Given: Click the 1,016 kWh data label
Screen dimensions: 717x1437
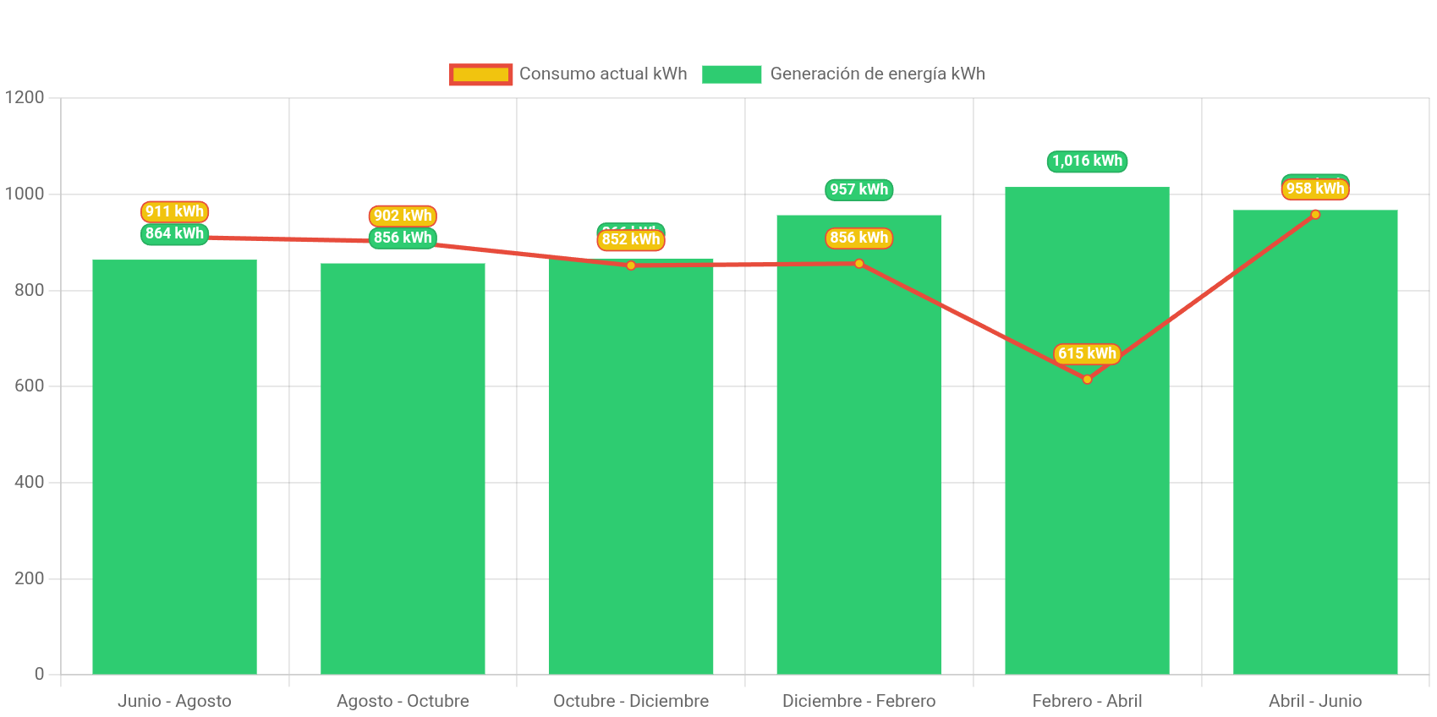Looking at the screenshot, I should pos(1087,161).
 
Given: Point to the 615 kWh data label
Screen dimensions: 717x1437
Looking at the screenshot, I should pos(1087,353).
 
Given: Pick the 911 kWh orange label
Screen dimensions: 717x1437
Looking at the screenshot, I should pos(174,211).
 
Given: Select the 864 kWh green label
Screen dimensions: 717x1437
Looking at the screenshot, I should pos(174,233).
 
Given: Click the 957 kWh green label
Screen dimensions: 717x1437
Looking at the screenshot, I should pos(858,189).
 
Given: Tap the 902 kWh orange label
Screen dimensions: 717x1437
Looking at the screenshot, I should pos(403,216).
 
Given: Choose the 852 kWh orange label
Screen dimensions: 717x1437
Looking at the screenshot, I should pos(631,239).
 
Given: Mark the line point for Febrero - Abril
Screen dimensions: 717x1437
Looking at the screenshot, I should pos(1087,379).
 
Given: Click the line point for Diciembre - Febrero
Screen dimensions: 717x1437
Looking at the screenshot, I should pos(858,264).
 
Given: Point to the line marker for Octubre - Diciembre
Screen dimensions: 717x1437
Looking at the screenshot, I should pos(631,265).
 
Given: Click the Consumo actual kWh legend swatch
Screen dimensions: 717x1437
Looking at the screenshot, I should pos(480,74).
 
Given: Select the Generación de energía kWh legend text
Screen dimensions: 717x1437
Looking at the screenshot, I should pos(877,74).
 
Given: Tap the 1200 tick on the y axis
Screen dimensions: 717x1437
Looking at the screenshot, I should pos(25,97).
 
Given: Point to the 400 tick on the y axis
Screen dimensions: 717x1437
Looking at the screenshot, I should pos(29,482).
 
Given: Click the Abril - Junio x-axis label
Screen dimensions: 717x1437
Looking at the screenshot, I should pos(1314,701).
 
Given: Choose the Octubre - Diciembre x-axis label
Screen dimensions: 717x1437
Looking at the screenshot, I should pos(631,701).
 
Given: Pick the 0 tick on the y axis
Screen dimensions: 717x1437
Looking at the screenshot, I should pos(39,674).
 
